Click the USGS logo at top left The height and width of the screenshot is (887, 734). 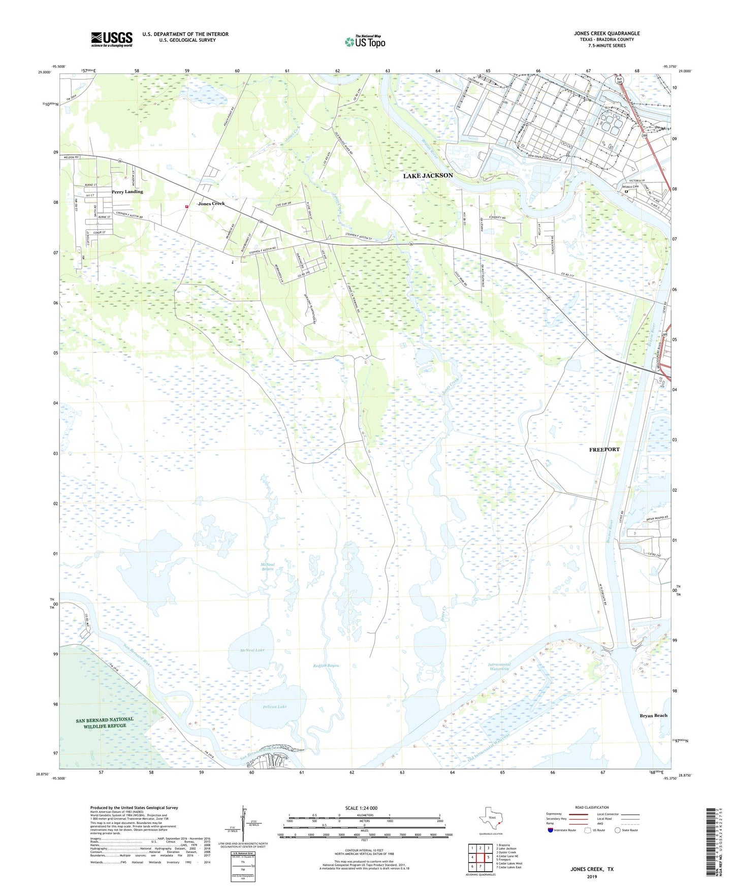pyautogui.click(x=112, y=39)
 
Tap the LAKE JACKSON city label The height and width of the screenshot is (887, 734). pyautogui.click(x=428, y=176)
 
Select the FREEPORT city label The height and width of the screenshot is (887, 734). pyautogui.click(x=604, y=450)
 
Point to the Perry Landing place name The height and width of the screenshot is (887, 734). pyautogui.click(x=127, y=192)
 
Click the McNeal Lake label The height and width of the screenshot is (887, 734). pyautogui.click(x=252, y=650)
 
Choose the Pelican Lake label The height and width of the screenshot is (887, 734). pyautogui.click(x=275, y=707)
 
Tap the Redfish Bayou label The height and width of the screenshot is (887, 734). pyautogui.click(x=326, y=666)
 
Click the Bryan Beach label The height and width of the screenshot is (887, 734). pyautogui.click(x=653, y=715)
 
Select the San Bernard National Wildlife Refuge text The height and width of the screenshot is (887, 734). pyautogui.click(x=105, y=722)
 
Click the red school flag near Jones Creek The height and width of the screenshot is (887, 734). pyautogui.click(x=187, y=206)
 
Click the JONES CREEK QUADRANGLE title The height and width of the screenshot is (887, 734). pyautogui.click(x=607, y=34)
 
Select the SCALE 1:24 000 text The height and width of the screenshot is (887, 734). pyautogui.click(x=361, y=808)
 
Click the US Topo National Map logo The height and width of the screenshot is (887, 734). pyautogui.click(x=364, y=42)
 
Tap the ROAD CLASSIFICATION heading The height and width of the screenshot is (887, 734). pyautogui.click(x=592, y=807)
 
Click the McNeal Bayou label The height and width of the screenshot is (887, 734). pyautogui.click(x=268, y=566)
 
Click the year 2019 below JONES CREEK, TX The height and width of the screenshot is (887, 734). pyautogui.click(x=592, y=876)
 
